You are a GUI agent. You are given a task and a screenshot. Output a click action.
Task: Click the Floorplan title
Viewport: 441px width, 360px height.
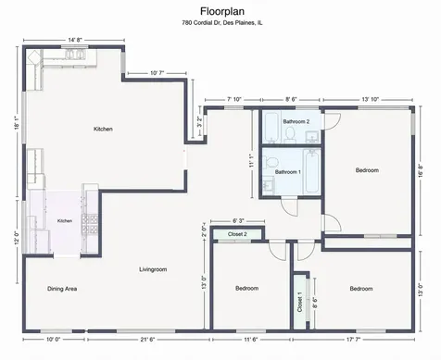pyautogui.click(x=222, y=11)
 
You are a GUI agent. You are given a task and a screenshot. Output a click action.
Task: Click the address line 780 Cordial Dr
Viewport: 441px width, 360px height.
pyautogui.click(x=222, y=23)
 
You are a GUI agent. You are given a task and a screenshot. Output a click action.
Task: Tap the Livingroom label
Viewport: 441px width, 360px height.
pyautogui.click(x=153, y=269)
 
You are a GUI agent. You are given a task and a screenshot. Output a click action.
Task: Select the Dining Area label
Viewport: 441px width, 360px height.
pyautogui.click(x=62, y=289)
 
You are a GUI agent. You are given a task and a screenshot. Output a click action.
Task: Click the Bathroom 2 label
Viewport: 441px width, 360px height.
pyautogui.click(x=296, y=121)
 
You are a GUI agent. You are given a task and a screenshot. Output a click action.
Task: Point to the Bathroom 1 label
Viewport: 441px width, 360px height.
pyautogui.click(x=288, y=172)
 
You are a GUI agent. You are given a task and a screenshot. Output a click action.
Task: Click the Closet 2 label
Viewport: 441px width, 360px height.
pyautogui.click(x=237, y=234)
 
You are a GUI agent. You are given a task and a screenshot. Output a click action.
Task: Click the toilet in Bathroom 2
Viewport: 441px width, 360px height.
pyautogui.click(x=290, y=135)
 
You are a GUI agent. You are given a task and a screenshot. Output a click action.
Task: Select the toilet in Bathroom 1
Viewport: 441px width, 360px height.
pyautogui.click(x=271, y=162)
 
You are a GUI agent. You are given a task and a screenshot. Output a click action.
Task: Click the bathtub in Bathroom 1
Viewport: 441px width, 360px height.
pyautogui.click(x=311, y=171)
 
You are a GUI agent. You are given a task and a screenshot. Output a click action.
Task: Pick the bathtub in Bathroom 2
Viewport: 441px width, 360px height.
pyautogui.click(x=272, y=128)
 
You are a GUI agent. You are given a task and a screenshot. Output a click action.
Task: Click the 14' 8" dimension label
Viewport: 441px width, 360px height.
pyautogui.click(x=75, y=40)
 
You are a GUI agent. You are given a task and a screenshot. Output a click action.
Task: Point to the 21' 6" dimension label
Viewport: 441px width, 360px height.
pyautogui.click(x=147, y=340)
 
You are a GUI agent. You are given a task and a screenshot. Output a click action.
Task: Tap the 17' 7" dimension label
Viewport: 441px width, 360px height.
pyautogui.click(x=353, y=340)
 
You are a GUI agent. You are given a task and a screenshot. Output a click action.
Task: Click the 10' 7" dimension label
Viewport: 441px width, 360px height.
pyautogui.click(x=157, y=73)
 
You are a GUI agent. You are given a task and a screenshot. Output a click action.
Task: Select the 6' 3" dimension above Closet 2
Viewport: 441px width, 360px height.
pyautogui.click(x=238, y=221)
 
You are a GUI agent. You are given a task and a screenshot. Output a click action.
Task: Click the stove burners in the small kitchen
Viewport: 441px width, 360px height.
pyautogui.click(x=90, y=224)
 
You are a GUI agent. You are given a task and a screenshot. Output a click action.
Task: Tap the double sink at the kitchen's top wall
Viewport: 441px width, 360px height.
pyautogui.click(x=74, y=54)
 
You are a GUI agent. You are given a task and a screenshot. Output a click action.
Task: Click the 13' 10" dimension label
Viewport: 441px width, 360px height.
pyautogui.click(x=370, y=99)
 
